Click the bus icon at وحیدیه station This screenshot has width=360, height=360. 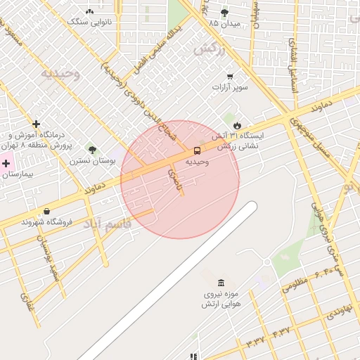[197, 150]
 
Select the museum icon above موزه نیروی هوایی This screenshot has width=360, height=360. [221, 283]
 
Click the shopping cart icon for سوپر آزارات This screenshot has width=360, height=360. [230, 76]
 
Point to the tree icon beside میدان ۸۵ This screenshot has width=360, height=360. [224, 13]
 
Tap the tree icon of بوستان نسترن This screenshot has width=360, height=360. [92, 149]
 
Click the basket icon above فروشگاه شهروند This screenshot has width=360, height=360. [46, 210]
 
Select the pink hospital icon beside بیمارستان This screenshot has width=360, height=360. [6, 163]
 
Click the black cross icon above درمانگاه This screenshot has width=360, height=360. [36, 124]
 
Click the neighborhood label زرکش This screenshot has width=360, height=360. [210, 50]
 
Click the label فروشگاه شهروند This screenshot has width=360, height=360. [38, 222]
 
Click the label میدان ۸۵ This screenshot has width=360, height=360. [224, 23]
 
